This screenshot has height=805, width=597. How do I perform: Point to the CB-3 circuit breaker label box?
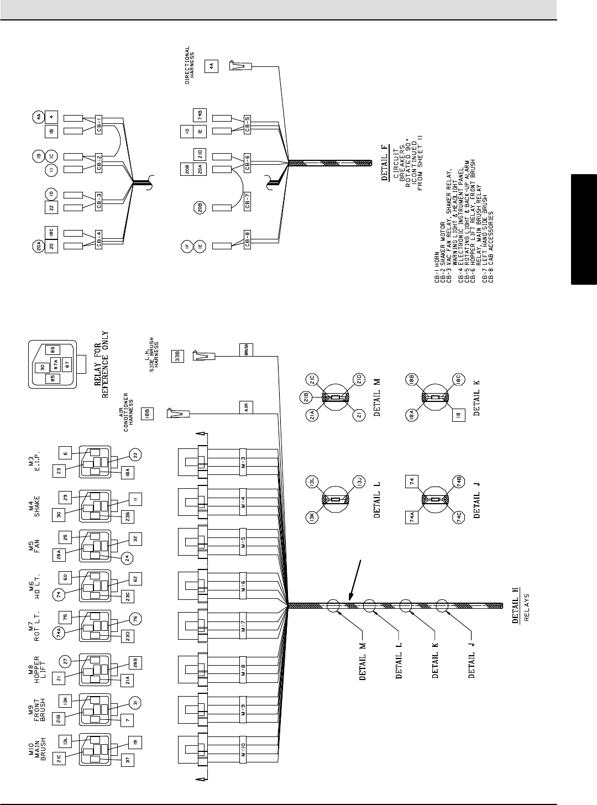[x=98, y=201]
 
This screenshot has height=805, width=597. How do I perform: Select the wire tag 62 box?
[x=136, y=578]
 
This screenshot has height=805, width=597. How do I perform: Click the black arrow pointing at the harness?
[x=354, y=581]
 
